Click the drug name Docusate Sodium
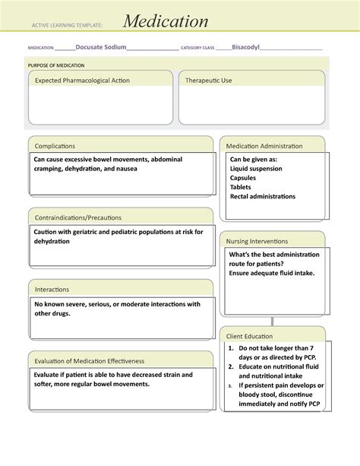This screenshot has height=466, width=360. pyautogui.click(x=101, y=47)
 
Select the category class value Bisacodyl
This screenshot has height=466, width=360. pyautogui.click(x=245, y=47)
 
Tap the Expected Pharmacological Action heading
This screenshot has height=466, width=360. pyautogui.click(x=81, y=80)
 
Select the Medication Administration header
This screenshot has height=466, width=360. pyautogui.click(x=264, y=145)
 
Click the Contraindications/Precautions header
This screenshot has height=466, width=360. pyautogui.click(x=77, y=217)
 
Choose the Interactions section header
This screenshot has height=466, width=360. pyautogui.click(x=52, y=289)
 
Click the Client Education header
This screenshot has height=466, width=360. pyautogui.click(x=250, y=335)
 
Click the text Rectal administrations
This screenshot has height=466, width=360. pyautogui.click(x=263, y=196)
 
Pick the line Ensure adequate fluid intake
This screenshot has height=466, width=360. pyautogui.click(x=271, y=273)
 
